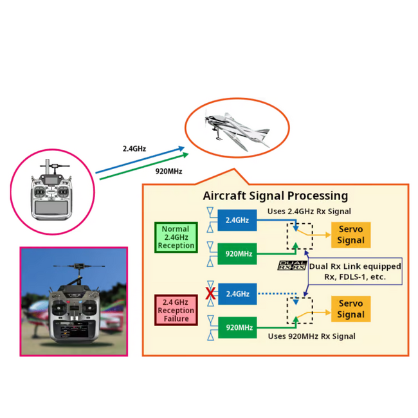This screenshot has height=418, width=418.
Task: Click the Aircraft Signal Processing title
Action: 275,196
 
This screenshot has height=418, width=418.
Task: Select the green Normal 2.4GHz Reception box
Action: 176,237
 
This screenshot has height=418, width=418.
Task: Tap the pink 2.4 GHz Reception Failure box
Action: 176,311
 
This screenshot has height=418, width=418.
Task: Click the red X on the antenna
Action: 210,294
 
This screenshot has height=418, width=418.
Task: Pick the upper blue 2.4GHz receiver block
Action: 237,220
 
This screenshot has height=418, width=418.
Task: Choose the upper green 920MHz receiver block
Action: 237,254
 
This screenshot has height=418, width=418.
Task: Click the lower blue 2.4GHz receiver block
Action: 237,294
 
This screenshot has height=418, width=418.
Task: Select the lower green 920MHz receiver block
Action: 237,327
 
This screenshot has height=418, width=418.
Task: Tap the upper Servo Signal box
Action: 351,235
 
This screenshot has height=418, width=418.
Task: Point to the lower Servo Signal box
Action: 351,309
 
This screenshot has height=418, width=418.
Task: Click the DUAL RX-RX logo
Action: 292,266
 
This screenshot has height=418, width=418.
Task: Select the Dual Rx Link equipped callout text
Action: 355,271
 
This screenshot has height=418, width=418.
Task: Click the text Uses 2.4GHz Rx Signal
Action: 309,212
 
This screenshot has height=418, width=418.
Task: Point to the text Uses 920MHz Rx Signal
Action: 312,336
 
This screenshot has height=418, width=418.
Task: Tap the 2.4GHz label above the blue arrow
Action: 134,149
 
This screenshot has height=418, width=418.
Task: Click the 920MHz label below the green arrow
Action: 168,171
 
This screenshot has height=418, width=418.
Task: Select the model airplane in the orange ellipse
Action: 237,129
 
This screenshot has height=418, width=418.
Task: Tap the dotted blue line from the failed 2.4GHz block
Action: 278,294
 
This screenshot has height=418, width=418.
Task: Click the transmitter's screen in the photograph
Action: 74,330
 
